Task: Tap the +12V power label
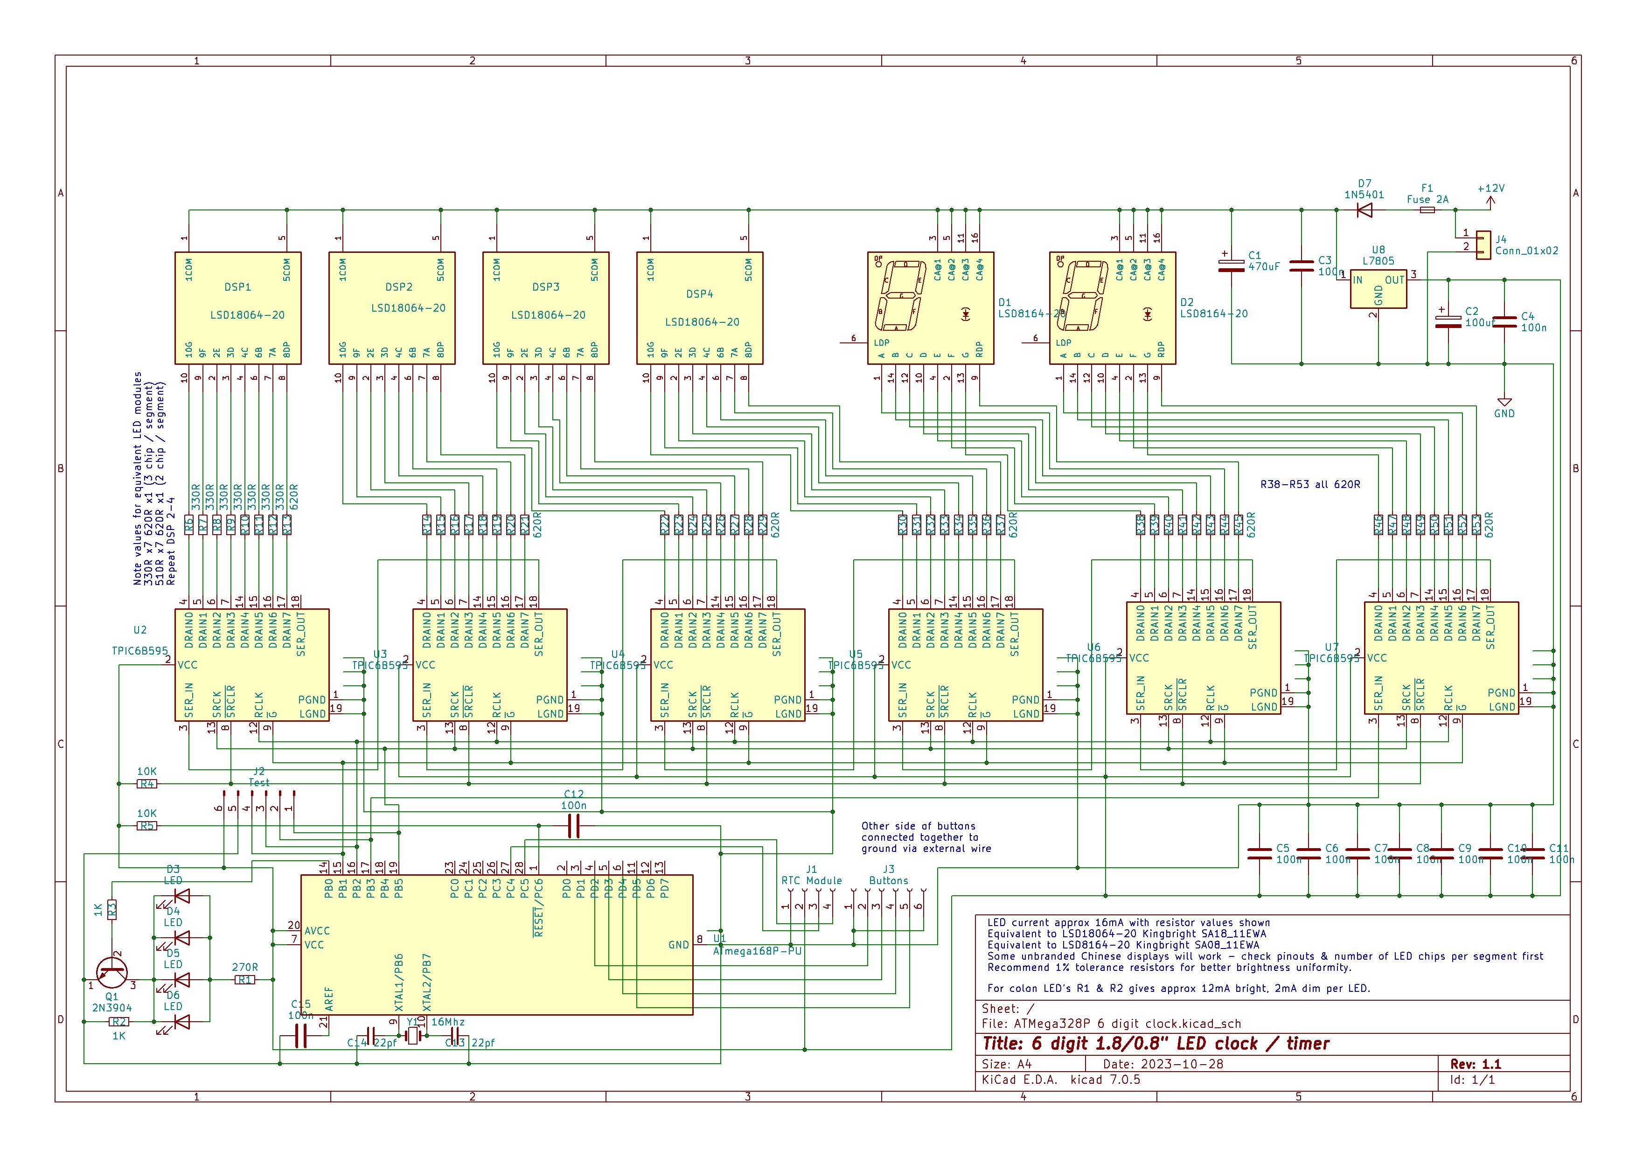click(1490, 189)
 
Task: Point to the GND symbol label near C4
click(1504, 413)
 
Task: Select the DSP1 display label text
click(237, 287)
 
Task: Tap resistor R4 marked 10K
click(147, 784)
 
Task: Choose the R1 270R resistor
click(244, 980)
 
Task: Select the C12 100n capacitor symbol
click(574, 826)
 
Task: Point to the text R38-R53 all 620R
click(1309, 484)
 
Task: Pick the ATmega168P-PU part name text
click(762, 950)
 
